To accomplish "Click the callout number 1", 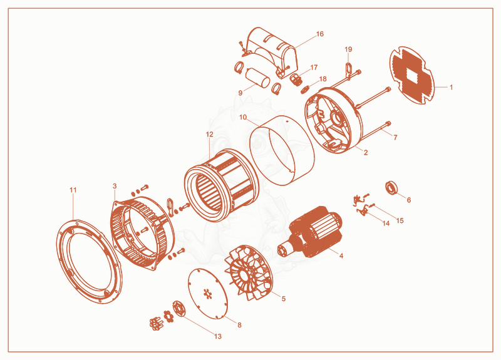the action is click(x=451, y=87).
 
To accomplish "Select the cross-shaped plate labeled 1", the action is click(x=412, y=75).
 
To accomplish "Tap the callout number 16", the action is click(x=320, y=34).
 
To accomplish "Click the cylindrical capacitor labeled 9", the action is click(x=258, y=78).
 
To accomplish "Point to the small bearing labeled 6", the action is click(x=392, y=187).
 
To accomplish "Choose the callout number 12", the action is click(x=209, y=135).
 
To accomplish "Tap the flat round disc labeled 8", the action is click(x=208, y=293).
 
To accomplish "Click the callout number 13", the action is click(x=217, y=336).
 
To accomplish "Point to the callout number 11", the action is click(x=73, y=190).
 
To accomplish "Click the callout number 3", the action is click(x=115, y=186).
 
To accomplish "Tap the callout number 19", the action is click(x=348, y=49).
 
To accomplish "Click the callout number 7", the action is click(x=396, y=138).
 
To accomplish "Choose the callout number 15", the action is click(x=400, y=220).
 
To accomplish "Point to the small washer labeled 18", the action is click(x=305, y=90).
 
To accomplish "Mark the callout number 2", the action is click(x=366, y=153).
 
